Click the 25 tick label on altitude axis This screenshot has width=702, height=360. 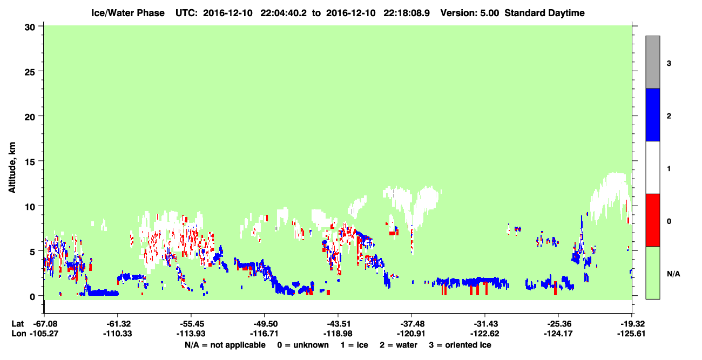30,72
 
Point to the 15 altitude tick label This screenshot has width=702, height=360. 30,162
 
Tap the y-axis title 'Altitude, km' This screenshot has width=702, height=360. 12,167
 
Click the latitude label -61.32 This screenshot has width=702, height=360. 118,324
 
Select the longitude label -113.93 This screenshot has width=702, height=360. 191,334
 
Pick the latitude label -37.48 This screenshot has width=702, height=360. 411,324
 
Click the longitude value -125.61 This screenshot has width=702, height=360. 631,334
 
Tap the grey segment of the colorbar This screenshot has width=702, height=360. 652,62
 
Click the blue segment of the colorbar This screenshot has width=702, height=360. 652,115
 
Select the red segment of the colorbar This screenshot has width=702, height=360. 652,220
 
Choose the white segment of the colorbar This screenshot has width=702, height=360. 652,168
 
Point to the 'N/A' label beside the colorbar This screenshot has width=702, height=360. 673,274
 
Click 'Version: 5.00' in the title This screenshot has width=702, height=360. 470,13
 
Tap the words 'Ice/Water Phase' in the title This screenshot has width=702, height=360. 128,13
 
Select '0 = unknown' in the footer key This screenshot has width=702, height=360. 303,345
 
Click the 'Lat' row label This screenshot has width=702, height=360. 18,324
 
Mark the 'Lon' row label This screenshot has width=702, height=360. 19,334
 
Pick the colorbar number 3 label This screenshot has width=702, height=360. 669,64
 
